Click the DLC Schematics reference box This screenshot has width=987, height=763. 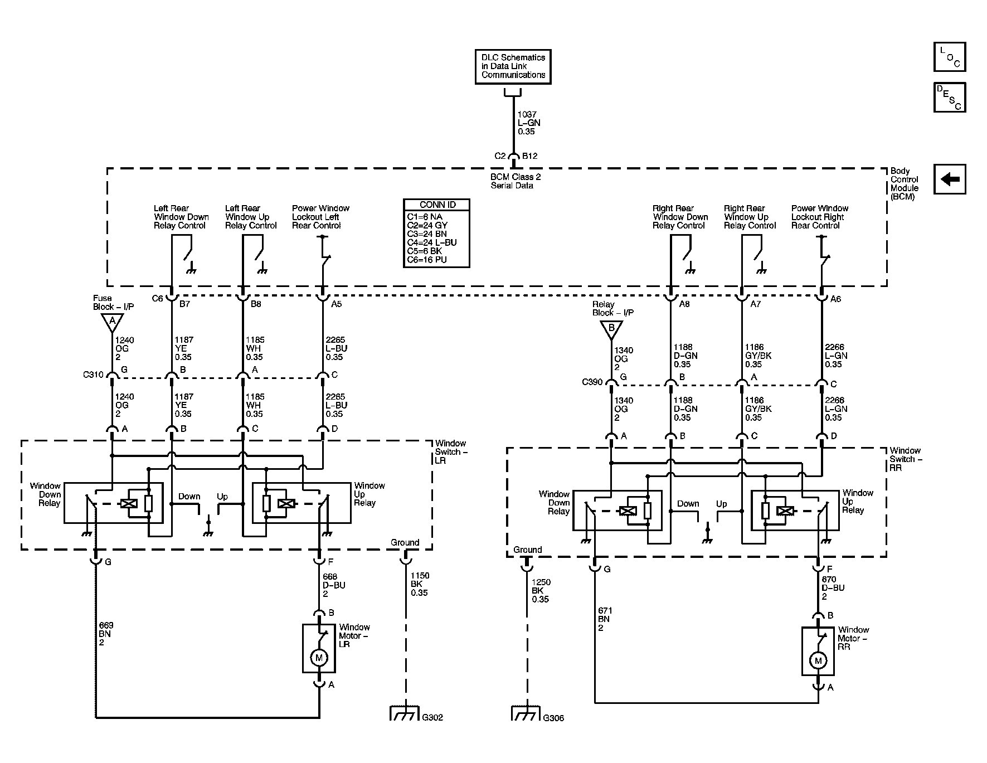click(513, 66)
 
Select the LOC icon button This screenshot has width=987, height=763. click(950, 57)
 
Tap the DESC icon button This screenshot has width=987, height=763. click(950, 98)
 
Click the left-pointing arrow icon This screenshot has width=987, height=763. click(950, 179)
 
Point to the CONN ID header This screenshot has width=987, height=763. click(437, 205)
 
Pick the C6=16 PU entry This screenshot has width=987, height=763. click(427, 260)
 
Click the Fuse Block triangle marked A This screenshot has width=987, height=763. click(112, 322)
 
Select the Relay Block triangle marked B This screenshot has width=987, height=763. click(611, 329)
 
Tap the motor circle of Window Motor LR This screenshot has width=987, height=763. click(319, 658)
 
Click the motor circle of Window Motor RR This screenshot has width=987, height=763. click(818, 661)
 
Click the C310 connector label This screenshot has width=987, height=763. click(93, 375)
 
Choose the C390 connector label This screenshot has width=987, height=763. click(592, 382)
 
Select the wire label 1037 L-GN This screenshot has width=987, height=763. click(529, 123)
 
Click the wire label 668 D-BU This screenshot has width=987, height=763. click(334, 585)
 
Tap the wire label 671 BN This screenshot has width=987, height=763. click(604, 619)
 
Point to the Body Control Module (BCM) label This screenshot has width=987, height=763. click(905, 184)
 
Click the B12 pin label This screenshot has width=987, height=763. click(530, 157)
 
